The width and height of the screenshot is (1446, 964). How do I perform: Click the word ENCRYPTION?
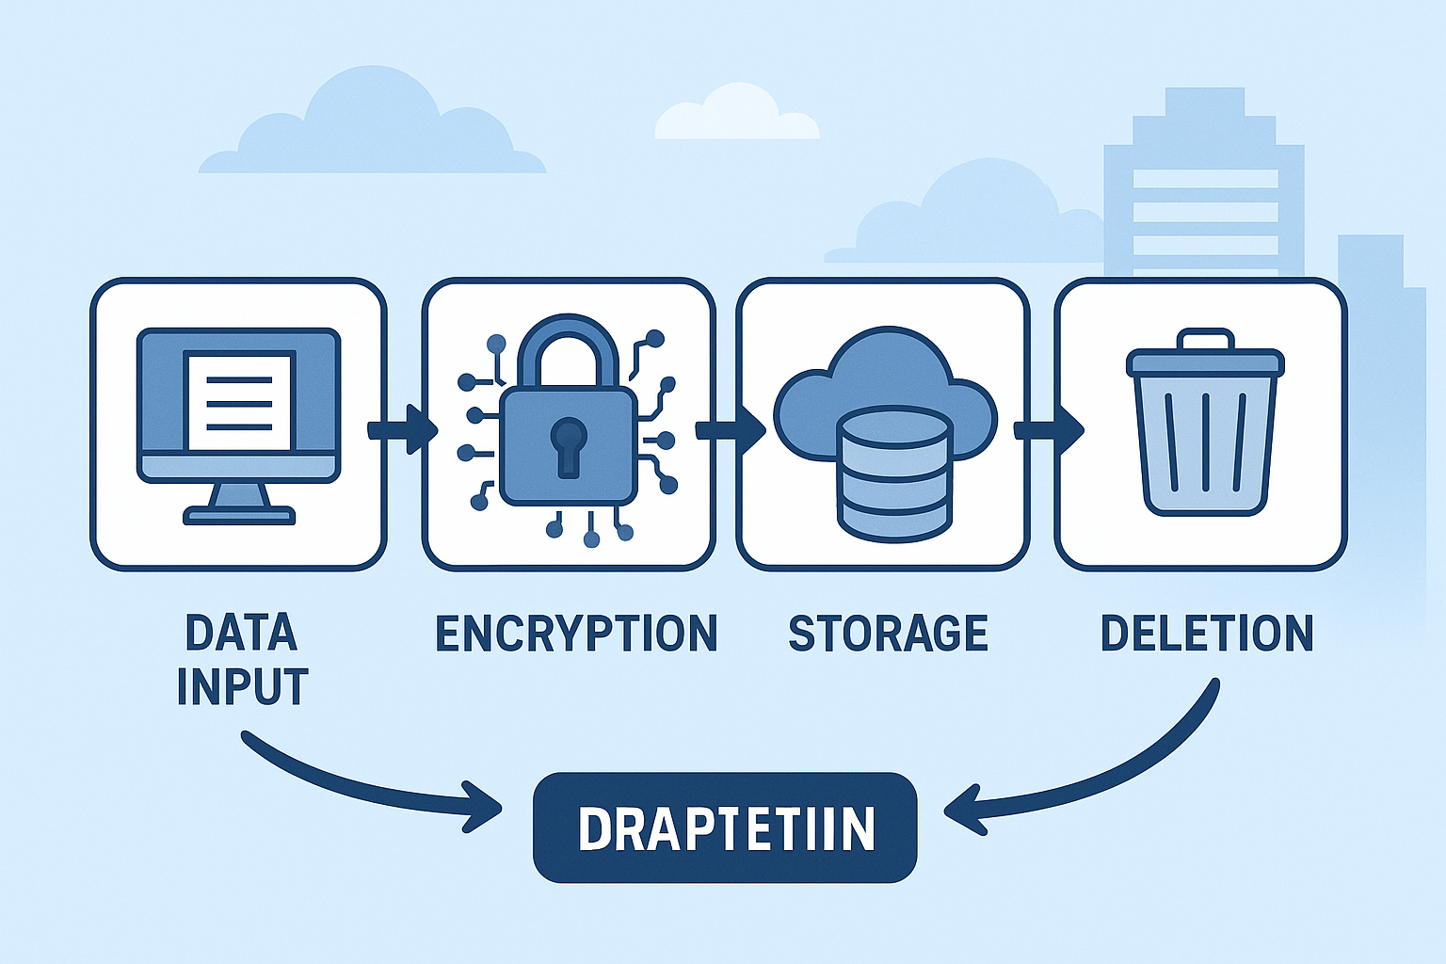click(576, 634)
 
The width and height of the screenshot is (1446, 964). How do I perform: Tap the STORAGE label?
click(888, 634)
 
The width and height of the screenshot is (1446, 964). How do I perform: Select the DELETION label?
click(1207, 634)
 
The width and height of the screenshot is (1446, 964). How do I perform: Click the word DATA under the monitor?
click(242, 633)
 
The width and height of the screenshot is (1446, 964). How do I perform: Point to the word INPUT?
click(242, 687)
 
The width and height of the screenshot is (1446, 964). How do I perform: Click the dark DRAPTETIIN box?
click(725, 828)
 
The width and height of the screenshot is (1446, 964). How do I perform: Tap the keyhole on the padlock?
click(569, 444)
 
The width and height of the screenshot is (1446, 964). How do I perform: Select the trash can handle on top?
click(1206, 339)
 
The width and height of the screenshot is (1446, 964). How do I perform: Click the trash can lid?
click(1206, 362)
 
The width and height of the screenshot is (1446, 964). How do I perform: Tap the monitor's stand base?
click(239, 514)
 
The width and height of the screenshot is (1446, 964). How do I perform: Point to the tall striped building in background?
click(1204, 188)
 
